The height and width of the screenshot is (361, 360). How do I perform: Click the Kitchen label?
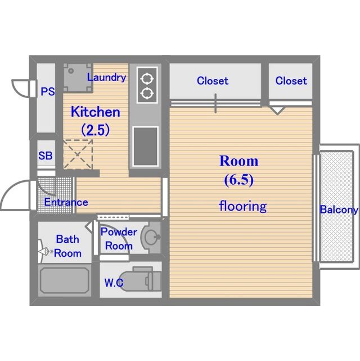click(96, 112)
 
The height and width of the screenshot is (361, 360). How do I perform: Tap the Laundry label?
click(106, 78)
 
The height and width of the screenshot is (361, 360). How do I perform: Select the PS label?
click(48, 92)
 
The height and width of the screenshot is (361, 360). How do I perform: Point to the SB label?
click(46, 155)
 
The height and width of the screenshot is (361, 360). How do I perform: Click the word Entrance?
click(66, 202)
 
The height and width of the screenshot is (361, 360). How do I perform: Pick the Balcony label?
click(339, 210)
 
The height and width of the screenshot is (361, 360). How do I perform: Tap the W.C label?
click(114, 283)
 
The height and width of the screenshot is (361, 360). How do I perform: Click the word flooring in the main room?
click(243, 206)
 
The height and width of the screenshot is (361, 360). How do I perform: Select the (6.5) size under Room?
click(239, 180)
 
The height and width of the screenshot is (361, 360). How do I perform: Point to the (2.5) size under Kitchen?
click(96, 130)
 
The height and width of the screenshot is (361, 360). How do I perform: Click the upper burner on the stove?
click(147, 79)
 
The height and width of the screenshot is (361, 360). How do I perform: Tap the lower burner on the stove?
click(147, 93)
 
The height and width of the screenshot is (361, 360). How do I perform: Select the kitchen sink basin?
click(146, 146)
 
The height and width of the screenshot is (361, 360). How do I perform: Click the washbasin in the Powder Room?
click(151, 237)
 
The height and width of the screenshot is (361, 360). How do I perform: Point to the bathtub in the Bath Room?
click(65, 280)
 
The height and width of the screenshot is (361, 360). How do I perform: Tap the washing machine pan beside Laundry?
click(78, 78)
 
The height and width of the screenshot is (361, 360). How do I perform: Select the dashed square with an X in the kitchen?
click(78, 154)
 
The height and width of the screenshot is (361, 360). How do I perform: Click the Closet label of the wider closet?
click(213, 81)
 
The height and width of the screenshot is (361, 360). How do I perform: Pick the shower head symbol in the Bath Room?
click(44, 251)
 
